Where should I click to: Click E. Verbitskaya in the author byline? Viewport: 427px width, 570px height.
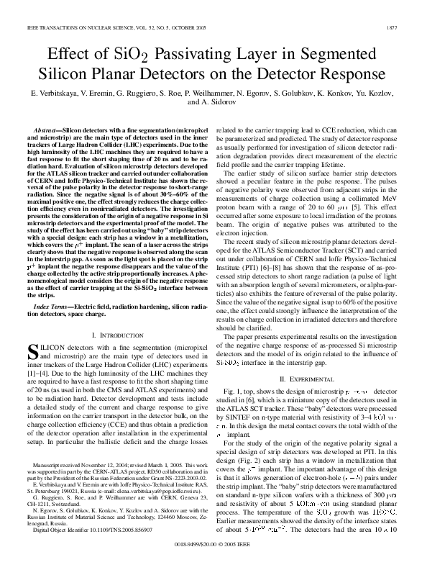[x=52, y=94]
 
